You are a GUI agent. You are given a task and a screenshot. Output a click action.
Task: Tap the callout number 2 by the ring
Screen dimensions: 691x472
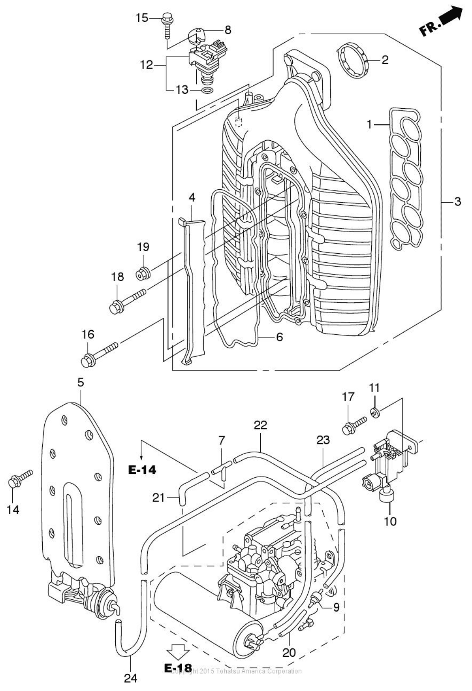385,60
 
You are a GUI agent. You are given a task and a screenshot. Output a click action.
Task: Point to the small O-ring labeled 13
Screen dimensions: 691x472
207,91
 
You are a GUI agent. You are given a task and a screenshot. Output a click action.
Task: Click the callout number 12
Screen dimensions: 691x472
146,65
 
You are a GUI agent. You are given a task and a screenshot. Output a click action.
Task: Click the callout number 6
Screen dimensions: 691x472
279,337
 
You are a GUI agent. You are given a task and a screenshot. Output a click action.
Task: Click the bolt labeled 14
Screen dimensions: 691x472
19,479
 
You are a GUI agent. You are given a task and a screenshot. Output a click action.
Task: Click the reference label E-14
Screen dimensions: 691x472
142,470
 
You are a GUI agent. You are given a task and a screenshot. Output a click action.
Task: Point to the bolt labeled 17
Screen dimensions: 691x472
354,425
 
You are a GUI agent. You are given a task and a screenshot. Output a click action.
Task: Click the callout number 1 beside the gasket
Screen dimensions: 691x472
369,125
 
